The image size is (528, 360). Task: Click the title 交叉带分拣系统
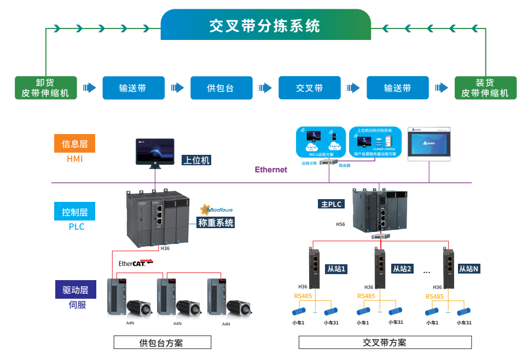click(265, 26)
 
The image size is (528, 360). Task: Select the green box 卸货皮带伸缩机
click(45, 88)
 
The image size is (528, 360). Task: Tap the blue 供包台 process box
click(221, 88)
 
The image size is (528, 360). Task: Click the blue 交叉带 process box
click(309, 88)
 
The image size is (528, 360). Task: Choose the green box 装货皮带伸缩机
click(485, 88)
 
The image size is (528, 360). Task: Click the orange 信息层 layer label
click(74, 144)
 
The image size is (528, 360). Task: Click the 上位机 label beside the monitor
click(196, 160)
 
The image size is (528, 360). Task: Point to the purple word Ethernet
click(271, 170)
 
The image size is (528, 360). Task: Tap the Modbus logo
click(217, 209)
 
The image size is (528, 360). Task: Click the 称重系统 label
click(216, 223)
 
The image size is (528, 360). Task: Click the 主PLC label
click(332, 204)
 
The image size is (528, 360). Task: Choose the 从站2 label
click(402, 269)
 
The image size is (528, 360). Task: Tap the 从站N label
click(468, 269)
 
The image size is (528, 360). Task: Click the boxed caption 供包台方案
click(162, 343)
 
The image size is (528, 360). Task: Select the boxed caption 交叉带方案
click(385, 342)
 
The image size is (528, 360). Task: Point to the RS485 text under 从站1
click(303, 296)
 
